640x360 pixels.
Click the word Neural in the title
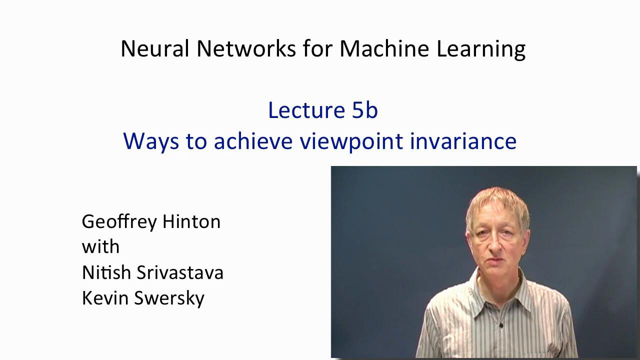click(155, 48)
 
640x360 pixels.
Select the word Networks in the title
click(246, 48)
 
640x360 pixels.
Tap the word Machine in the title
click(384, 48)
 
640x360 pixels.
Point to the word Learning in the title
click(481, 49)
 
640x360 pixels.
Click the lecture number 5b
click(365, 110)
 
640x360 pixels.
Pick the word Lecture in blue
click(306, 110)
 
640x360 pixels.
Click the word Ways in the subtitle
click(151, 142)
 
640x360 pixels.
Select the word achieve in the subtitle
click(253, 141)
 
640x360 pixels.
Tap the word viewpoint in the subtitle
click(351, 142)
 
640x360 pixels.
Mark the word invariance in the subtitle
click(463, 141)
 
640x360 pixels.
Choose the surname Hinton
click(191, 221)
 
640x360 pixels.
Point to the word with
click(100, 246)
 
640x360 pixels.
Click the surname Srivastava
click(180, 272)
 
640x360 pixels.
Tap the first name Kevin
click(105, 297)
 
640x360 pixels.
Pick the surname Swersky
click(169, 299)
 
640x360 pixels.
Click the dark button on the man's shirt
click(500, 325)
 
